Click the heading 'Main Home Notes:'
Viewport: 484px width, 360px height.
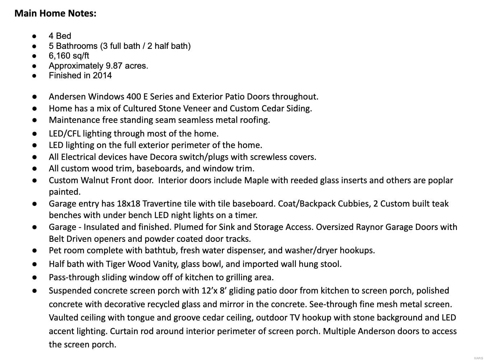point(55,14)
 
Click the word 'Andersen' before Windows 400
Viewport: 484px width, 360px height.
point(67,97)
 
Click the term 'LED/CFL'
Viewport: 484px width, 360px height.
point(65,134)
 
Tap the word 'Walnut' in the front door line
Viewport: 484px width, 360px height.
point(95,180)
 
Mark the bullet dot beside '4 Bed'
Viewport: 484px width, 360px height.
point(34,36)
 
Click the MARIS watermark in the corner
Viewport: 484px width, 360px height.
point(478,358)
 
